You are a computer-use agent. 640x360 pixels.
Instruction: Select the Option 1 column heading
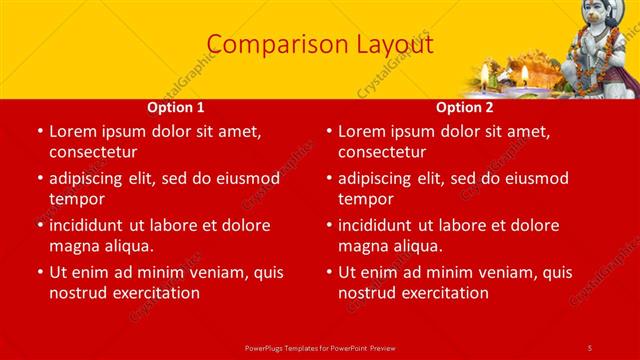(176, 107)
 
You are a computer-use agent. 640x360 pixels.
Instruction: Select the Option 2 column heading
(465, 107)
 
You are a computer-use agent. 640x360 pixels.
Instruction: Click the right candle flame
(524, 73)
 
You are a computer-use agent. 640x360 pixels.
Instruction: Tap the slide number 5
(589, 346)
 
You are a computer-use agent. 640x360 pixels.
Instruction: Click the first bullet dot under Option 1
(39, 132)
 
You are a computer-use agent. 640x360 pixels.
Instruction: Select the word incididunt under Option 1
(93, 226)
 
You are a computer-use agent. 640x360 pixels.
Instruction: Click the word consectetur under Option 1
(93, 152)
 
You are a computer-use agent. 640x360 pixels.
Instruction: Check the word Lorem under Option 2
(361, 132)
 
